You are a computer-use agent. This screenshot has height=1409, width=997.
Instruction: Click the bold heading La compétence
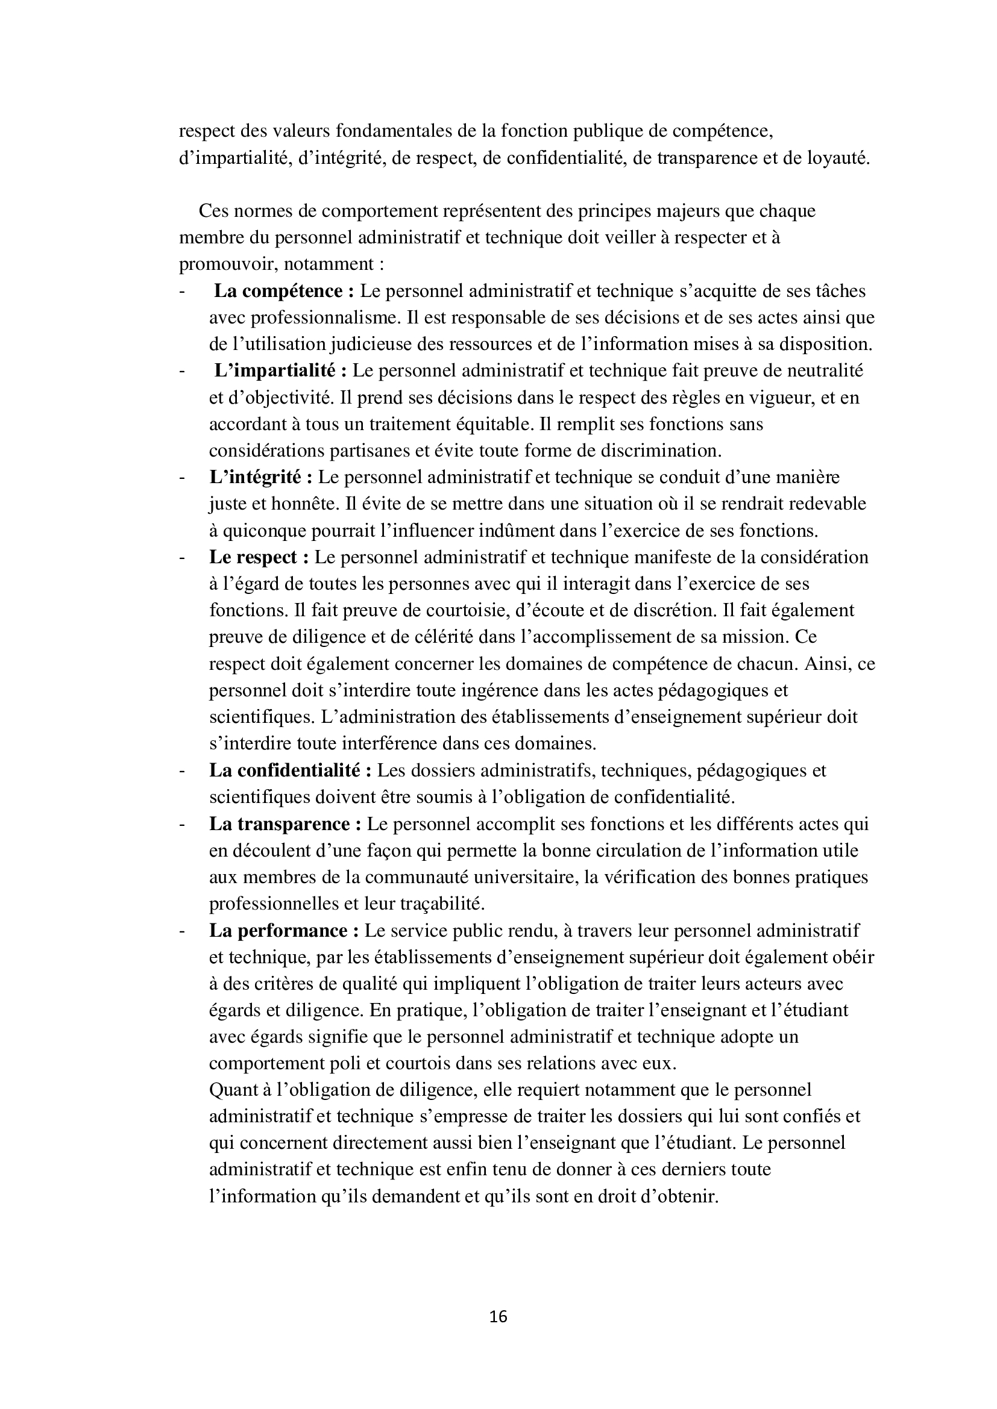click(x=284, y=292)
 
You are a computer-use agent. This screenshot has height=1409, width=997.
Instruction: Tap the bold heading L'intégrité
click(x=260, y=478)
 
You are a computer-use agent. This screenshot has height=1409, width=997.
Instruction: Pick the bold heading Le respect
click(x=259, y=557)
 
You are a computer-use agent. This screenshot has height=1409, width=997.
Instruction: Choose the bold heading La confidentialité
click(x=290, y=771)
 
